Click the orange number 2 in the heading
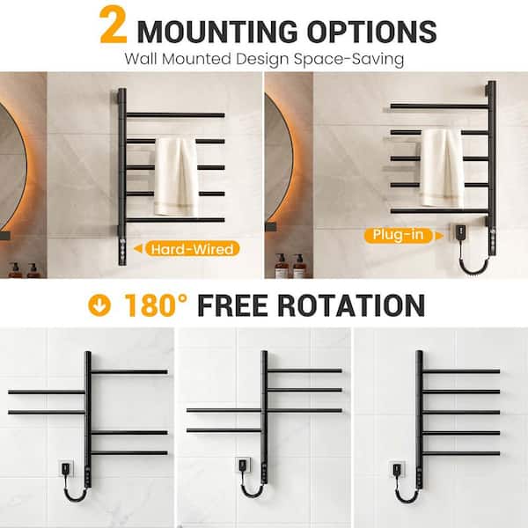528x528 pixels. point(115,26)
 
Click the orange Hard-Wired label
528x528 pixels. point(193,249)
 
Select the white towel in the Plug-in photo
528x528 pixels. point(441,167)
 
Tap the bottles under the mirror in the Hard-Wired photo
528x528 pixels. point(23,268)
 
